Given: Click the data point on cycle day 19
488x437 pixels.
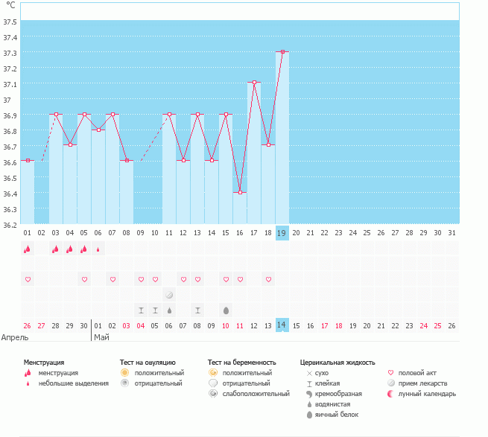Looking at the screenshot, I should pos(282,52).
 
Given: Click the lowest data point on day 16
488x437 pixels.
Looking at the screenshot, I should pos(240,193).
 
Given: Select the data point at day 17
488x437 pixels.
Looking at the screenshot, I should pos(254,83).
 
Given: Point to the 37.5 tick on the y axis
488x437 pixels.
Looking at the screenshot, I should pos(10,21).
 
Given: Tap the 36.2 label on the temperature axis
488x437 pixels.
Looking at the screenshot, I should pos(10,224).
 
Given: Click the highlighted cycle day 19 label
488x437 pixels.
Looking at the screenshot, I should pos(282,233).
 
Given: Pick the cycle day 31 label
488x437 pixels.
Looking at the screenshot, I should pos(452,233).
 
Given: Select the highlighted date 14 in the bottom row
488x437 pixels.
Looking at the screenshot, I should pos(282,325).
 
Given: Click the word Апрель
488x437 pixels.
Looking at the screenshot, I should pos(16,337).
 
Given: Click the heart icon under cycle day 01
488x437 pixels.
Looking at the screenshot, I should pos(28,279).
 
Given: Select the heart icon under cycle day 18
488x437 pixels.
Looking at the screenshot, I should pos(268,279).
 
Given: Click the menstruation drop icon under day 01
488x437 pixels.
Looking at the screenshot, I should pos(28,249).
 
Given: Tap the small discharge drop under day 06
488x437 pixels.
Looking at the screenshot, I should pos(98,249).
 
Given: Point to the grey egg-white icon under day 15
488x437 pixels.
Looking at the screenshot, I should pos(226,310).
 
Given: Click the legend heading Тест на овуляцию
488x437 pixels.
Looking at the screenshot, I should pos(148,362).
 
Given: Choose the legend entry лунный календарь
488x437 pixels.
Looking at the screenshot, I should pos(427,394).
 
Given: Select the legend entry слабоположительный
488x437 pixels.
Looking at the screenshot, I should pos(256,394).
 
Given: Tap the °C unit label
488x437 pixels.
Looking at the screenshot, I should pos(10,5).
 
